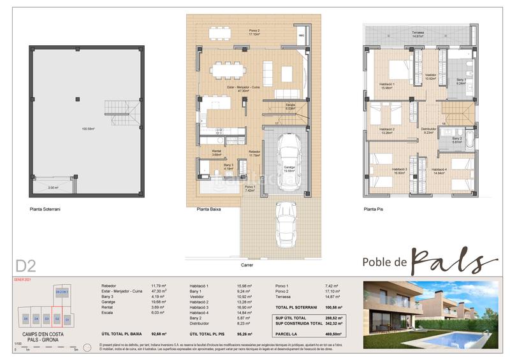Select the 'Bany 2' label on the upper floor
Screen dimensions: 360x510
(x=456, y=140)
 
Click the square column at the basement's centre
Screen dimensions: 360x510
(x=76, y=99)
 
